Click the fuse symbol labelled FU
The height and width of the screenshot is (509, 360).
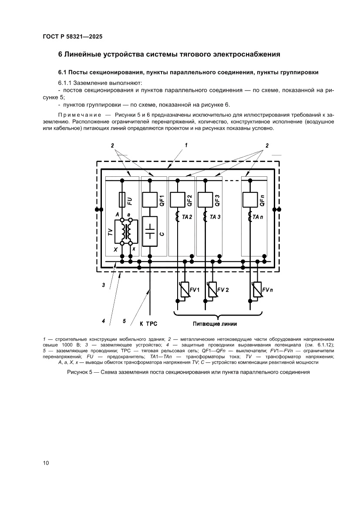click(122, 201)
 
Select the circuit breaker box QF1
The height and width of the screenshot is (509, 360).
click(150, 200)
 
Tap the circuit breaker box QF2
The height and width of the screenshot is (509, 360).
click(177, 200)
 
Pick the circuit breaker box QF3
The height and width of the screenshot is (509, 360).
click(205, 200)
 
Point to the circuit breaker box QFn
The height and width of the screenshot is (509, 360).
click(249, 200)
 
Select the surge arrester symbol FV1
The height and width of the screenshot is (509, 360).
click(185, 290)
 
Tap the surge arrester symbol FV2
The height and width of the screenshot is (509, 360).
click(212, 290)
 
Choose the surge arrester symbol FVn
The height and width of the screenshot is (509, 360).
click(257, 290)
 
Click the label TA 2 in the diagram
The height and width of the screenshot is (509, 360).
click(188, 217)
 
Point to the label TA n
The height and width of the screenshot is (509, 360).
click(260, 217)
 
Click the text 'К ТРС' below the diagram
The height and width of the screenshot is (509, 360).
click(148, 324)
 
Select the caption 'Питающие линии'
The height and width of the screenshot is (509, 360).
click(215, 324)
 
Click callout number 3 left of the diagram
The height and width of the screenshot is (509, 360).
click(103, 285)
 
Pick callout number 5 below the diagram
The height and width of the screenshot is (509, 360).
click(124, 321)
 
